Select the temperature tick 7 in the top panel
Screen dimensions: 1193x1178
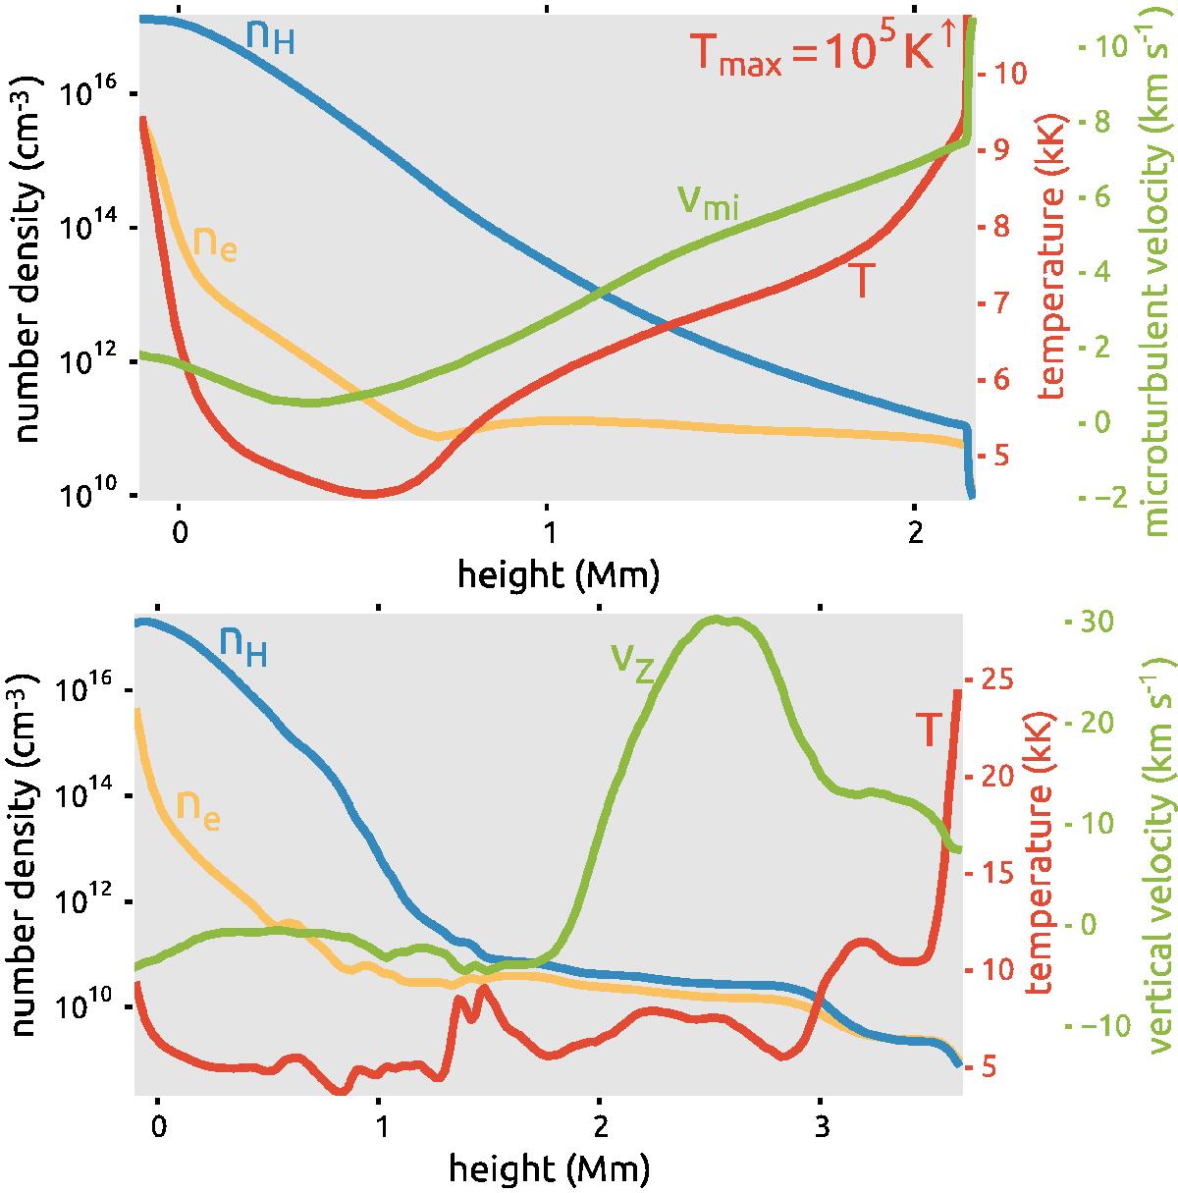click(x=1010, y=302)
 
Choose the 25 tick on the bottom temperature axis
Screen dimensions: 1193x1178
click(x=1002, y=678)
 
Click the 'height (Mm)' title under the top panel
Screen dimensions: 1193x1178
click(x=558, y=574)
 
